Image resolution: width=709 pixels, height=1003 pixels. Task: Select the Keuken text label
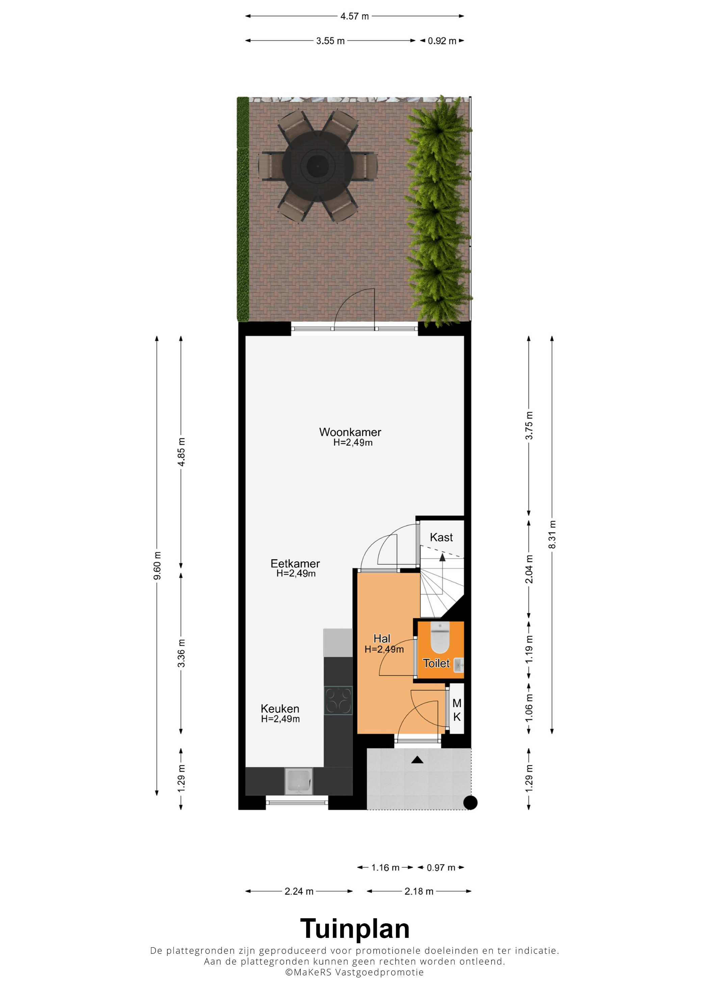click(x=280, y=709)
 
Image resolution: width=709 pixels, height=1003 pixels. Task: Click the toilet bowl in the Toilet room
click(x=440, y=637)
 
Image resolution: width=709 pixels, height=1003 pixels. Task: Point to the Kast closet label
click(x=441, y=537)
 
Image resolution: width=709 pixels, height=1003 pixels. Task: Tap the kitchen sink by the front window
click(x=299, y=782)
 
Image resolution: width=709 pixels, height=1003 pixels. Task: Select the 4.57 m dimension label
click(x=355, y=16)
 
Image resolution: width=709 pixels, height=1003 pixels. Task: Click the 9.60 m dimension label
click(x=157, y=566)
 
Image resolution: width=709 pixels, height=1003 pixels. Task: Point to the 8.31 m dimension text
click(x=552, y=535)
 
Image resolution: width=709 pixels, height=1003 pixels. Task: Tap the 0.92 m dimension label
click(x=442, y=41)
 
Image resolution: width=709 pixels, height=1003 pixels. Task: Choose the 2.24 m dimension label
click(x=299, y=891)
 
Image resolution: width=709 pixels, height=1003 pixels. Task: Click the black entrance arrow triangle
click(x=417, y=760)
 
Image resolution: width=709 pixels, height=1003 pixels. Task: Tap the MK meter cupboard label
click(x=457, y=710)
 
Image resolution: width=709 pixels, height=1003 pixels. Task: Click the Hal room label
click(x=382, y=639)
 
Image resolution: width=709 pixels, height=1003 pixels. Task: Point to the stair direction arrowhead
click(x=443, y=557)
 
